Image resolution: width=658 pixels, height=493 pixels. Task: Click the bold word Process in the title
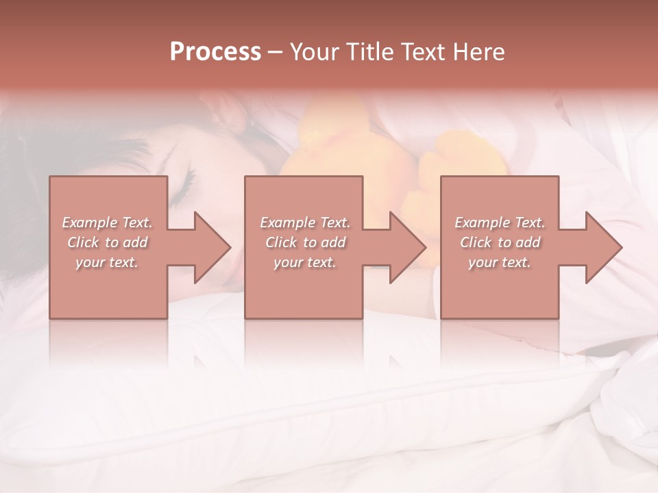click(x=215, y=52)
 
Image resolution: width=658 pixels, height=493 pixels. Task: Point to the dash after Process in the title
click(x=276, y=52)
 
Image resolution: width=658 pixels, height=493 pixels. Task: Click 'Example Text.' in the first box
click(x=107, y=223)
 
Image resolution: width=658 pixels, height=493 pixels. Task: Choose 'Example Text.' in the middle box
click(x=305, y=223)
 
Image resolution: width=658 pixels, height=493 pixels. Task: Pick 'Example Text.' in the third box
click(x=500, y=223)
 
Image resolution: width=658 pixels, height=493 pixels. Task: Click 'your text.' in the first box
click(x=107, y=262)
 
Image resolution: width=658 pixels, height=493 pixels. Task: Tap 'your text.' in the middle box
click(x=305, y=262)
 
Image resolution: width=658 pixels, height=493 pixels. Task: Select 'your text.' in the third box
click(x=500, y=262)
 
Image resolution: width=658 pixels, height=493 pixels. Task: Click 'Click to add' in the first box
click(x=107, y=242)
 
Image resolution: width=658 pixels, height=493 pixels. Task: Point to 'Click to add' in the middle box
click(x=305, y=242)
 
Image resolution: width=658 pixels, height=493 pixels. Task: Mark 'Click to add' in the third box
click(x=500, y=242)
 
